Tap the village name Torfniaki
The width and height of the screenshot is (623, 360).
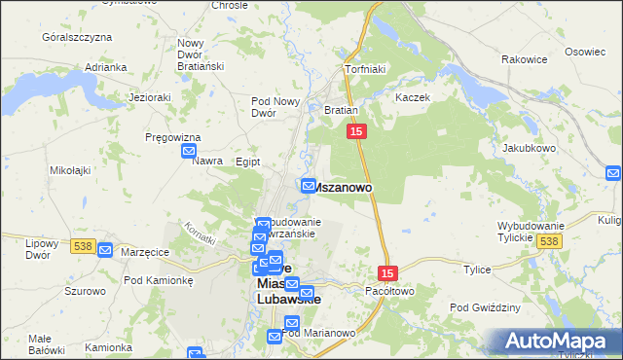(367, 70)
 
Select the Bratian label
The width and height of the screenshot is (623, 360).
(342, 111)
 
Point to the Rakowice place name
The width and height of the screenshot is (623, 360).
(525, 59)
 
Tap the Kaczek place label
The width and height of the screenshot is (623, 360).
(412, 98)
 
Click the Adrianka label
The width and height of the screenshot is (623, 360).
(106, 67)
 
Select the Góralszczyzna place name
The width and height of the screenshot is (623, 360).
(77, 37)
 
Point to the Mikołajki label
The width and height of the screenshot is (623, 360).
(70, 170)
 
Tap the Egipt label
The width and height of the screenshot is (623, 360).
(248, 162)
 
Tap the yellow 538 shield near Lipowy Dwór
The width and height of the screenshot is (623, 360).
(83, 246)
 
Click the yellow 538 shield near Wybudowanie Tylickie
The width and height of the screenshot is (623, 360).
(550, 240)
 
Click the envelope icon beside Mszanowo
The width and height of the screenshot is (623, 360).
(309, 185)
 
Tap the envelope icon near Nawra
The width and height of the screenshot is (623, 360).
(190, 152)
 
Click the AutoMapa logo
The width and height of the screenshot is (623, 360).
(559, 342)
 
